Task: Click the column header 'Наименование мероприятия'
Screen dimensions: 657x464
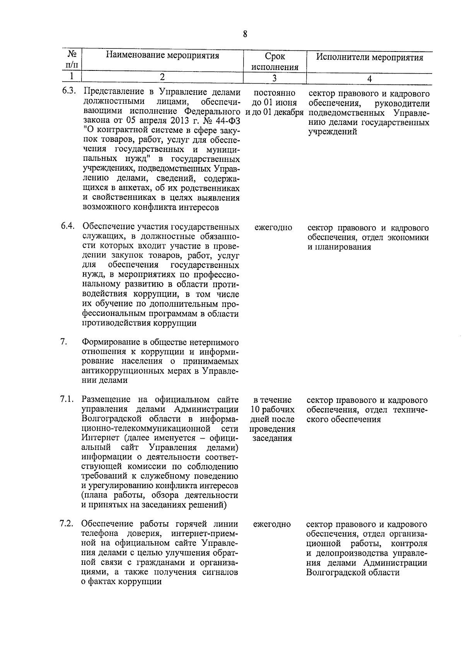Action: pyautogui.click(x=162, y=55)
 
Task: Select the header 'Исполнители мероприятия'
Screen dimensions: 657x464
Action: pyautogui.click(x=369, y=58)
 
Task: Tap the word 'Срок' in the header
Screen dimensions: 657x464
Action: pyautogui.click(x=275, y=57)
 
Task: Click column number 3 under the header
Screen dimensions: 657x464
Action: pyautogui.click(x=274, y=78)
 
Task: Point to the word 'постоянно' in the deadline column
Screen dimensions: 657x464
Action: pyautogui.click(x=275, y=93)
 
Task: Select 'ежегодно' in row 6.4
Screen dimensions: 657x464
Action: pyautogui.click(x=273, y=228)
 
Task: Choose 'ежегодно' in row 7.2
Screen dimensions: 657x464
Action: pyautogui.click(x=272, y=525)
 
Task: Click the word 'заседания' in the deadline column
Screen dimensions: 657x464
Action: pyautogui.click(x=272, y=438)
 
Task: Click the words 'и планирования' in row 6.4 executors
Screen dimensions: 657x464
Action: pyautogui.click(x=334, y=247)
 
